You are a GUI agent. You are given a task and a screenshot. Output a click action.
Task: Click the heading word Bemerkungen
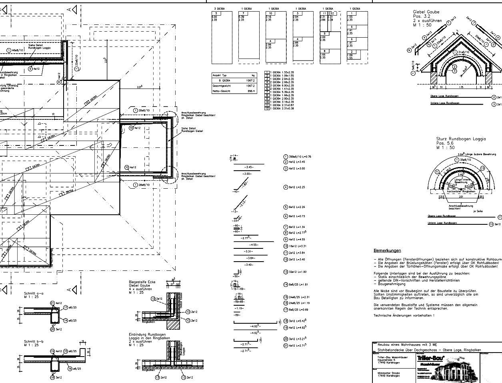pyautogui.click(x=387, y=250)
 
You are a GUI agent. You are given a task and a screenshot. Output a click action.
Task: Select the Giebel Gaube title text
pyautogui.click(x=426, y=12)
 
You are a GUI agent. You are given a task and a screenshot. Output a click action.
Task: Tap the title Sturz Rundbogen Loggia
pyautogui.click(x=461, y=139)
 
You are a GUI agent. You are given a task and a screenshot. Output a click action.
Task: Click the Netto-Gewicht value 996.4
pyautogui.click(x=251, y=91)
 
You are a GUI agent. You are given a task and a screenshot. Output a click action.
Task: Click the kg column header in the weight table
pyautogui.click(x=253, y=75)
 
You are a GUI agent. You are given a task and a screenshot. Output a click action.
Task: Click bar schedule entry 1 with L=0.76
pyautogui.click(x=297, y=157)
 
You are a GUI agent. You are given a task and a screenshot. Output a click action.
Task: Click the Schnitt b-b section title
pyautogui.click(x=34, y=342)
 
